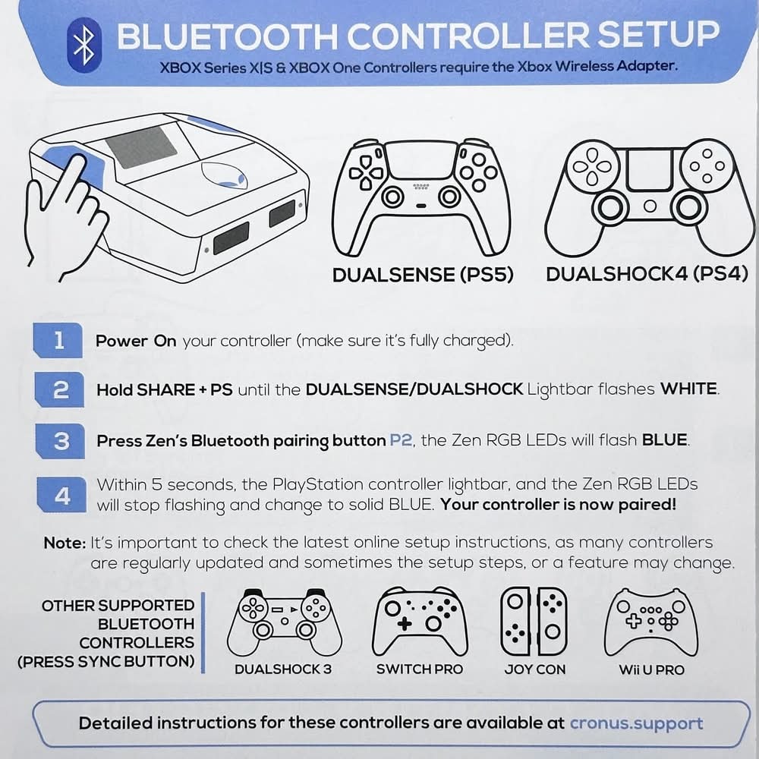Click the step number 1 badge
tap(58, 340)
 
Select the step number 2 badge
tap(59, 389)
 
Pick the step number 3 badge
tap(61, 441)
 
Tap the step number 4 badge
tap(61, 495)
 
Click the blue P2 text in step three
tap(401, 440)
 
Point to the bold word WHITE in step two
tap(689, 389)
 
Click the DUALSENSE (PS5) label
tap(423, 275)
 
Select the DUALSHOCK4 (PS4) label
tap(647, 274)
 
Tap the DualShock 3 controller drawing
tap(285, 622)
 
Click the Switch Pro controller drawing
tap(420, 622)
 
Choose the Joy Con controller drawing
tap(534, 622)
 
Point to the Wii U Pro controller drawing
tap(651, 622)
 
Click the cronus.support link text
tap(636, 723)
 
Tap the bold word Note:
tap(65, 543)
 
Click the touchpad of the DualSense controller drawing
tap(421, 160)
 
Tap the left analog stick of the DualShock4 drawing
tap(610, 208)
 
